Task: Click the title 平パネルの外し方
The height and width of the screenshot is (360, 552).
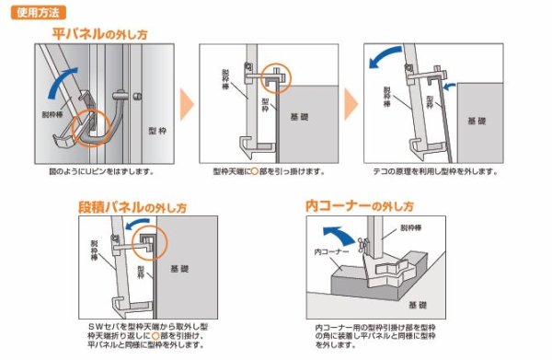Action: click(x=99, y=34)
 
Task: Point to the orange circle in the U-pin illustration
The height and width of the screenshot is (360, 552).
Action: click(x=95, y=132)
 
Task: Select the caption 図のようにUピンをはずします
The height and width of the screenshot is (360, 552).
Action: click(x=101, y=171)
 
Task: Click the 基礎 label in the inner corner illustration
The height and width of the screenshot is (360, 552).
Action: click(x=417, y=304)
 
